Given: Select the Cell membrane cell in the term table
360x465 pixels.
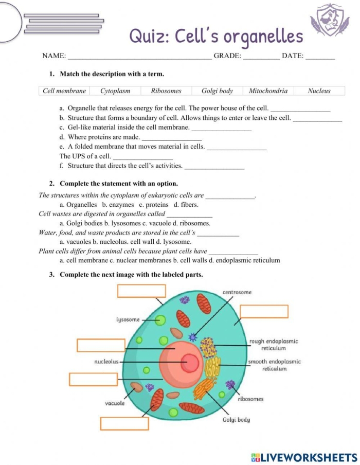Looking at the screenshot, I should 64,91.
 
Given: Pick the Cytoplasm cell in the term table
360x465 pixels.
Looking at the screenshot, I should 115,91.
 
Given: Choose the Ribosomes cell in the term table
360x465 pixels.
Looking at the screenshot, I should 166,91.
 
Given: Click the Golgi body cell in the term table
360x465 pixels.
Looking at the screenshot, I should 217,91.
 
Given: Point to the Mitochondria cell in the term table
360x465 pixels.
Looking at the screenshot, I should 268,91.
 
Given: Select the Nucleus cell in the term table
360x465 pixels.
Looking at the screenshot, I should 319,91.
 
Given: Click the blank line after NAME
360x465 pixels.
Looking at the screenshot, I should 139,57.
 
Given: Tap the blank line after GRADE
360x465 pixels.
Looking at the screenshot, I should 261,57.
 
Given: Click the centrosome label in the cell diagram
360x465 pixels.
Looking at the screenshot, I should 237,292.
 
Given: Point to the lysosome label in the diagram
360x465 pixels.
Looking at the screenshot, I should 128,319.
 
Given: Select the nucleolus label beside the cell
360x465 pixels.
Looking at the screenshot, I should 106,362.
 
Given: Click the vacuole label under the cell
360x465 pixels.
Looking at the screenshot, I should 115,403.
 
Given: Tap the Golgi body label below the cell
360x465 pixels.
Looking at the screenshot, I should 236,420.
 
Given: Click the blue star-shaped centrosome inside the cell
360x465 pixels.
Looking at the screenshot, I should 193,337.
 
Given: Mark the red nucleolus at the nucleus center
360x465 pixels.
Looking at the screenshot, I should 190,363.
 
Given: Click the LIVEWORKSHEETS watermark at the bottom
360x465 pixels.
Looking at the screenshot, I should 303,457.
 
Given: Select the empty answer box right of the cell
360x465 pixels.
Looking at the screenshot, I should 264,311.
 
